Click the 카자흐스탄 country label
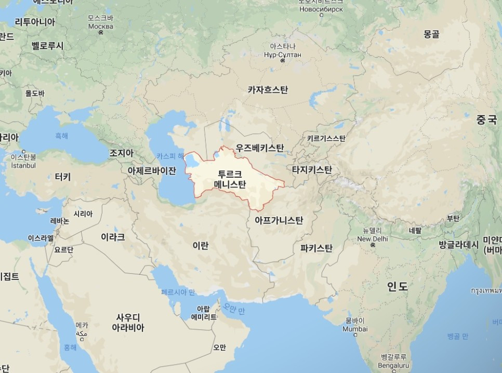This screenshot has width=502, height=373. tap(268, 90)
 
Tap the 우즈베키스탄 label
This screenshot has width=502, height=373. tap(260, 148)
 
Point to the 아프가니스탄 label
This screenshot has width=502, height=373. tap(279, 220)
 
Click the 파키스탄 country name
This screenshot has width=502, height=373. tap(316, 248)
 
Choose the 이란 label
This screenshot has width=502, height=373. tap(200, 245)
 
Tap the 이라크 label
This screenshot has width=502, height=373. tap(113, 237)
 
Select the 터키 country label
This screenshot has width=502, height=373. tap(62, 177)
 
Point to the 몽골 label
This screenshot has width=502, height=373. tap(431, 34)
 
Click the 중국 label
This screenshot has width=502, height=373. tap(487, 120)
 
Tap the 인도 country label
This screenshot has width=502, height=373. tap(398, 286)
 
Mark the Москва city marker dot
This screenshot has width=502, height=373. tap(100, 33)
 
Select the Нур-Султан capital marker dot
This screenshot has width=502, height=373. tap(283, 61)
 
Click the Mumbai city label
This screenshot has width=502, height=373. tap(355, 329)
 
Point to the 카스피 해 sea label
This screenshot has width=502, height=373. tap(170, 156)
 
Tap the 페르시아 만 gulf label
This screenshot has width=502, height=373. tap(178, 292)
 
